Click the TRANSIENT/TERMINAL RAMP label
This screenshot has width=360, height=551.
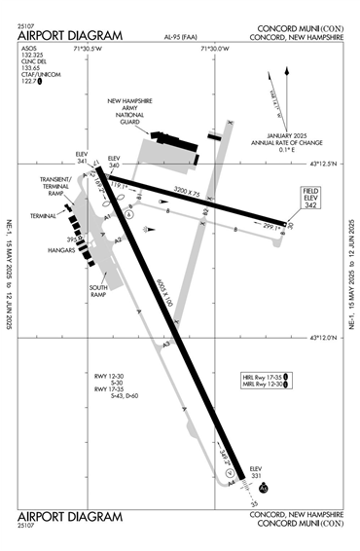tap(58, 186)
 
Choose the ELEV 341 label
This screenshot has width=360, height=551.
tap(82, 159)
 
